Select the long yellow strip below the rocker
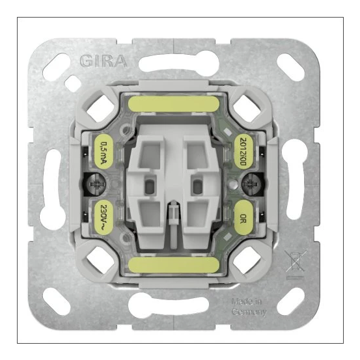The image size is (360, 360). tap(173, 264)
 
